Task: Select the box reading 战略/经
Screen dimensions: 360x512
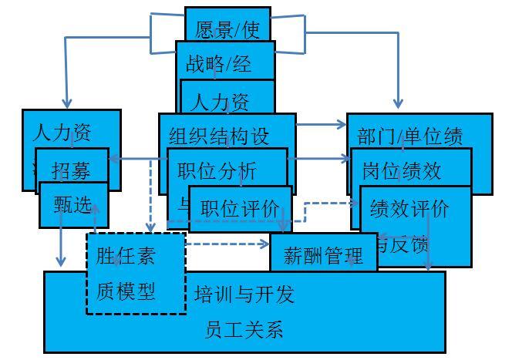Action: [x=219, y=63]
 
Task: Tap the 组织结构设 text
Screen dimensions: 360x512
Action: [x=220, y=136]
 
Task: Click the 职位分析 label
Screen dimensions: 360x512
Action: [x=217, y=170]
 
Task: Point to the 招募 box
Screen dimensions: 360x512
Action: [x=71, y=170]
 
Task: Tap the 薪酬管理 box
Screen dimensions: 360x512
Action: [x=323, y=254]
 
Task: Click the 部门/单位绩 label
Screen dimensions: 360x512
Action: [x=411, y=136]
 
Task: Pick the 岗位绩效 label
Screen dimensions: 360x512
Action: [x=402, y=170]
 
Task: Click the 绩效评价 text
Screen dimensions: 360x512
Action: [x=409, y=208]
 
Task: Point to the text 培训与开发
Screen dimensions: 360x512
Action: [x=244, y=294]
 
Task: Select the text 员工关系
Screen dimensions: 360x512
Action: [x=244, y=330]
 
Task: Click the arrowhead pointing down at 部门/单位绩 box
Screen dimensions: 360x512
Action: [x=399, y=104]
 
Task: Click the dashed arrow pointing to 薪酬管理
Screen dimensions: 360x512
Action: [x=262, y=245]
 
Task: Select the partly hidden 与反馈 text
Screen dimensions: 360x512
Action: [x=403, y=244]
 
